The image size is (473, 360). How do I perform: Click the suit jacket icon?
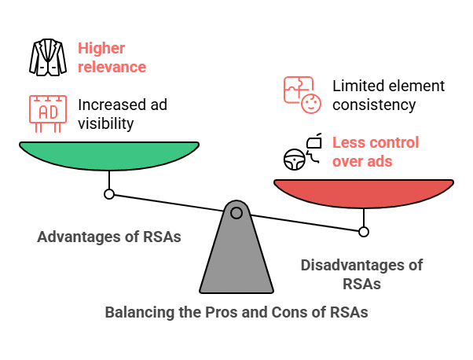pyautogui.click(x=48, y=57)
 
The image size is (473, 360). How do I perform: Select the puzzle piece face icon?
pyautogui.click(x=302, y=94)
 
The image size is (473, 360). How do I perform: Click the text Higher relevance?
pyautogui.click(x=112, y=57)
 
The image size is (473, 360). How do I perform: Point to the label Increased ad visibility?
pyautogui.click(x=122, y=113)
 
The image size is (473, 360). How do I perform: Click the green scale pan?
pyautogui.click(x=109, y=154)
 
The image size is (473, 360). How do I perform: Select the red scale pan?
pyautogui.click(x=363, y=192)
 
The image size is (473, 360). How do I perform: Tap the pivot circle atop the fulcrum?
pyautogui.click(x=236, y=212)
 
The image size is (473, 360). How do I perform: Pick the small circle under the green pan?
pyautogui.click(x=109, y=193)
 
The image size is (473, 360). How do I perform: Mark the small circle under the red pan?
pyautogui.click(x=363, y=231)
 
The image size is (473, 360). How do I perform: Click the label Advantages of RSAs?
pyautogui.click(x=109, y=237)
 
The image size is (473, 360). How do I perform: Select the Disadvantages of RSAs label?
pyautogui.click(x=361, y=274)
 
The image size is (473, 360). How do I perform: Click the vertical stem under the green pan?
pyautogui.click(x=109, y=178)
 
